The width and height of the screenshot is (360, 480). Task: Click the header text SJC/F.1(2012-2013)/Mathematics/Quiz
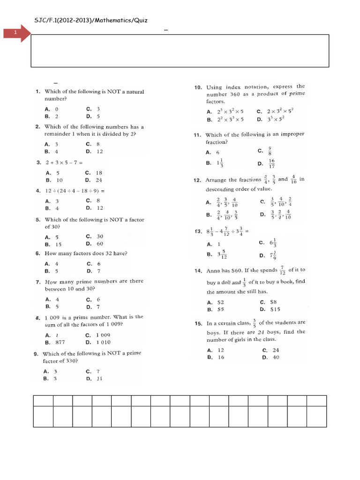click(x=91, y=20)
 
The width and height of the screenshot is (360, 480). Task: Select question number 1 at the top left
click(x=37, y=91)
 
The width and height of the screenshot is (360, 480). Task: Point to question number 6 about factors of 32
click(x=37, y=254)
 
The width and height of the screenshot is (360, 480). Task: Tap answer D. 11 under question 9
click(x=94, y=379)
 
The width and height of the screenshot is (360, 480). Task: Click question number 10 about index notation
click(x=198, y=87)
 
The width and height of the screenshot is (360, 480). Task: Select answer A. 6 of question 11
click(x=213, y=152)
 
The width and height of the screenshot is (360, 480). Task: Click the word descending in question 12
click(x=225, y=189)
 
